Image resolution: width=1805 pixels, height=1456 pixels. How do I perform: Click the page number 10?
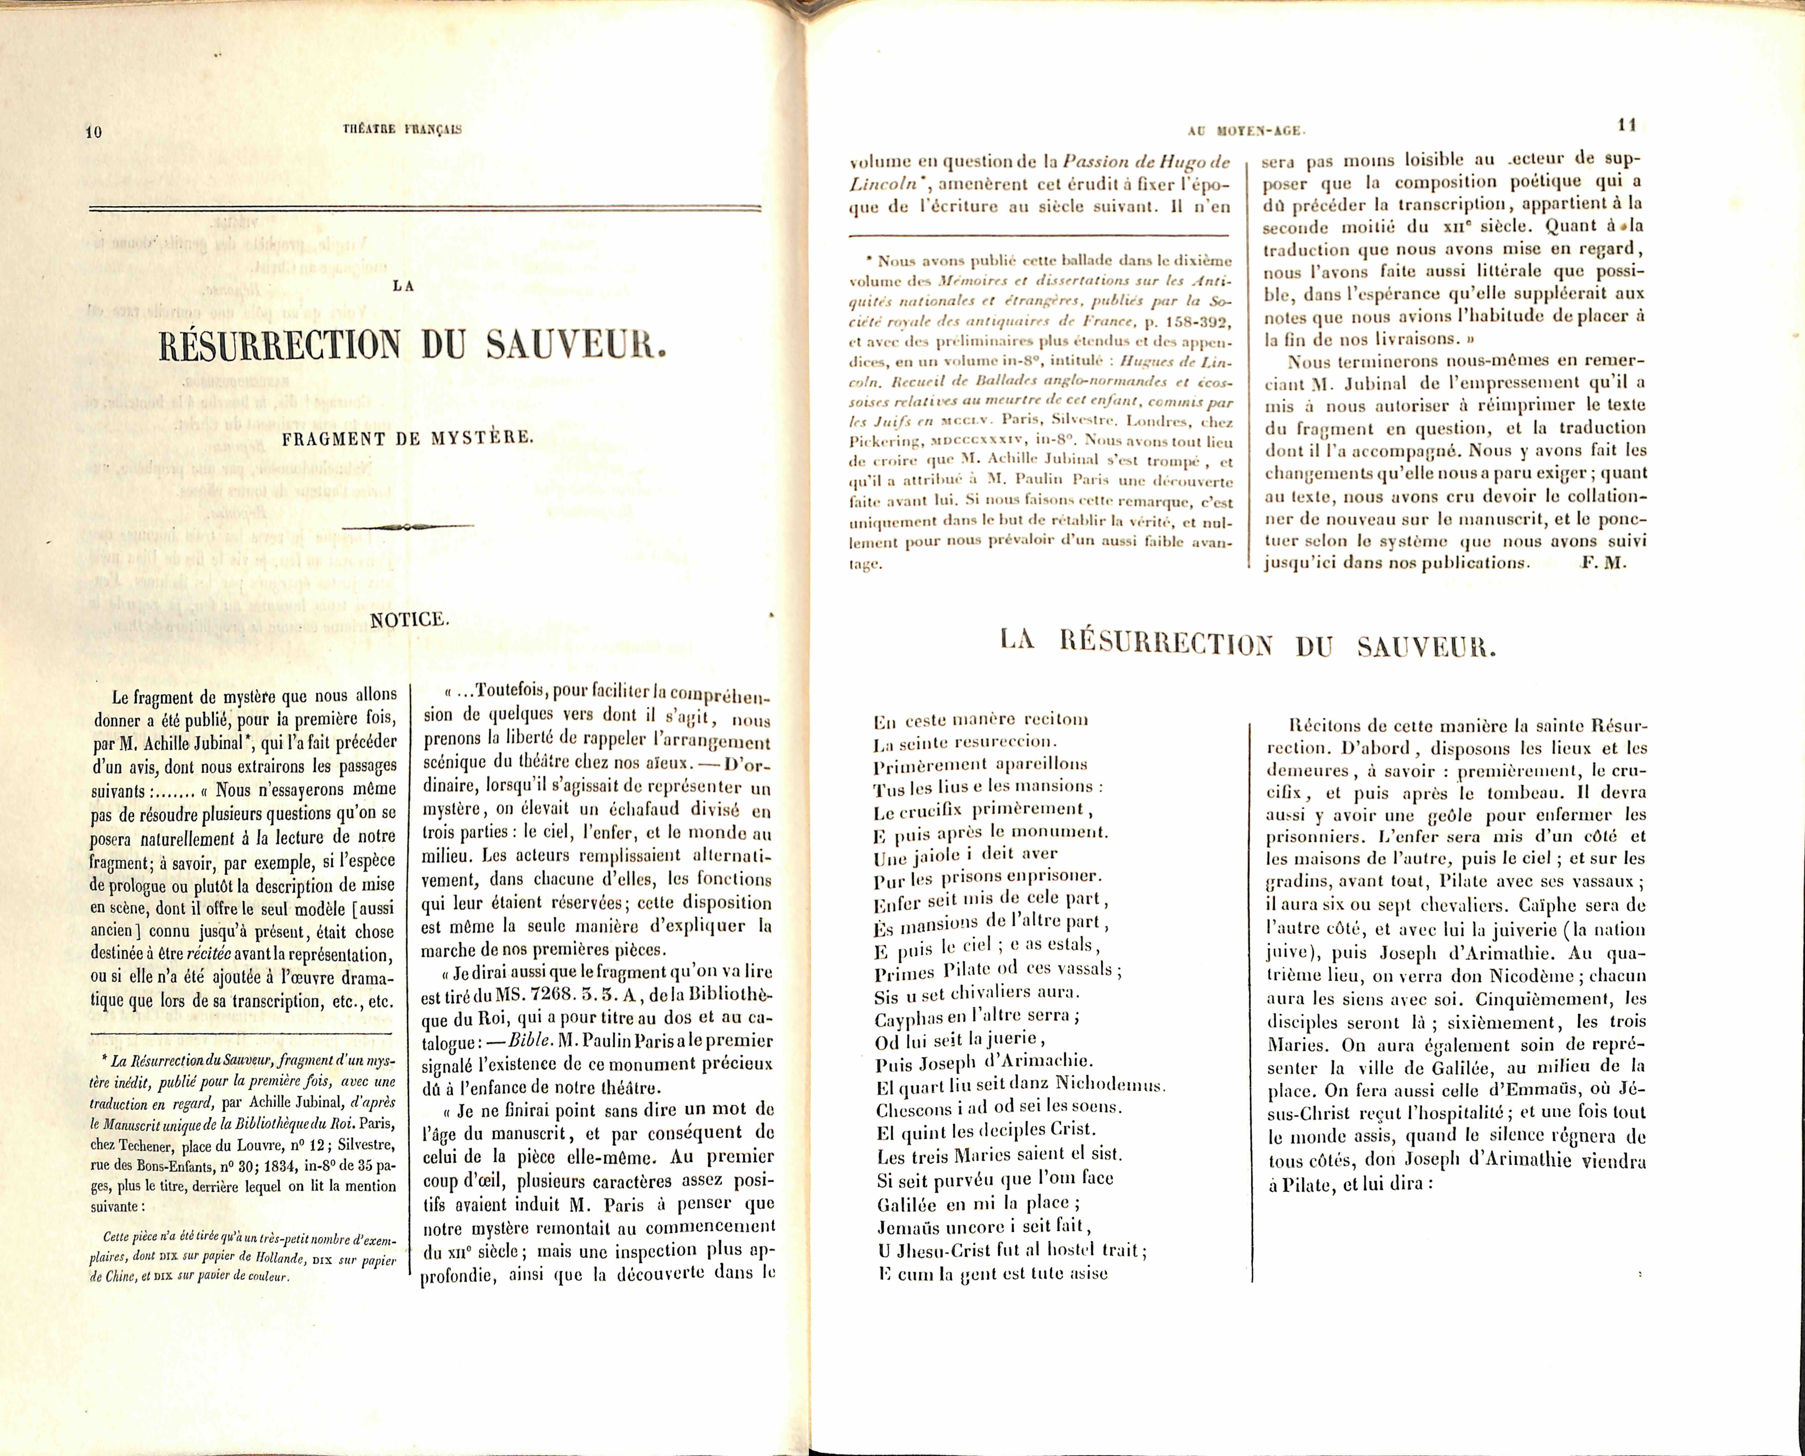point(93,132)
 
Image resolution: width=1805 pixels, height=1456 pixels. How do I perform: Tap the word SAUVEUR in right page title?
point(1426,647)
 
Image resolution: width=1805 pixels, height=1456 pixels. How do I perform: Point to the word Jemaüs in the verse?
point(910,1227)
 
